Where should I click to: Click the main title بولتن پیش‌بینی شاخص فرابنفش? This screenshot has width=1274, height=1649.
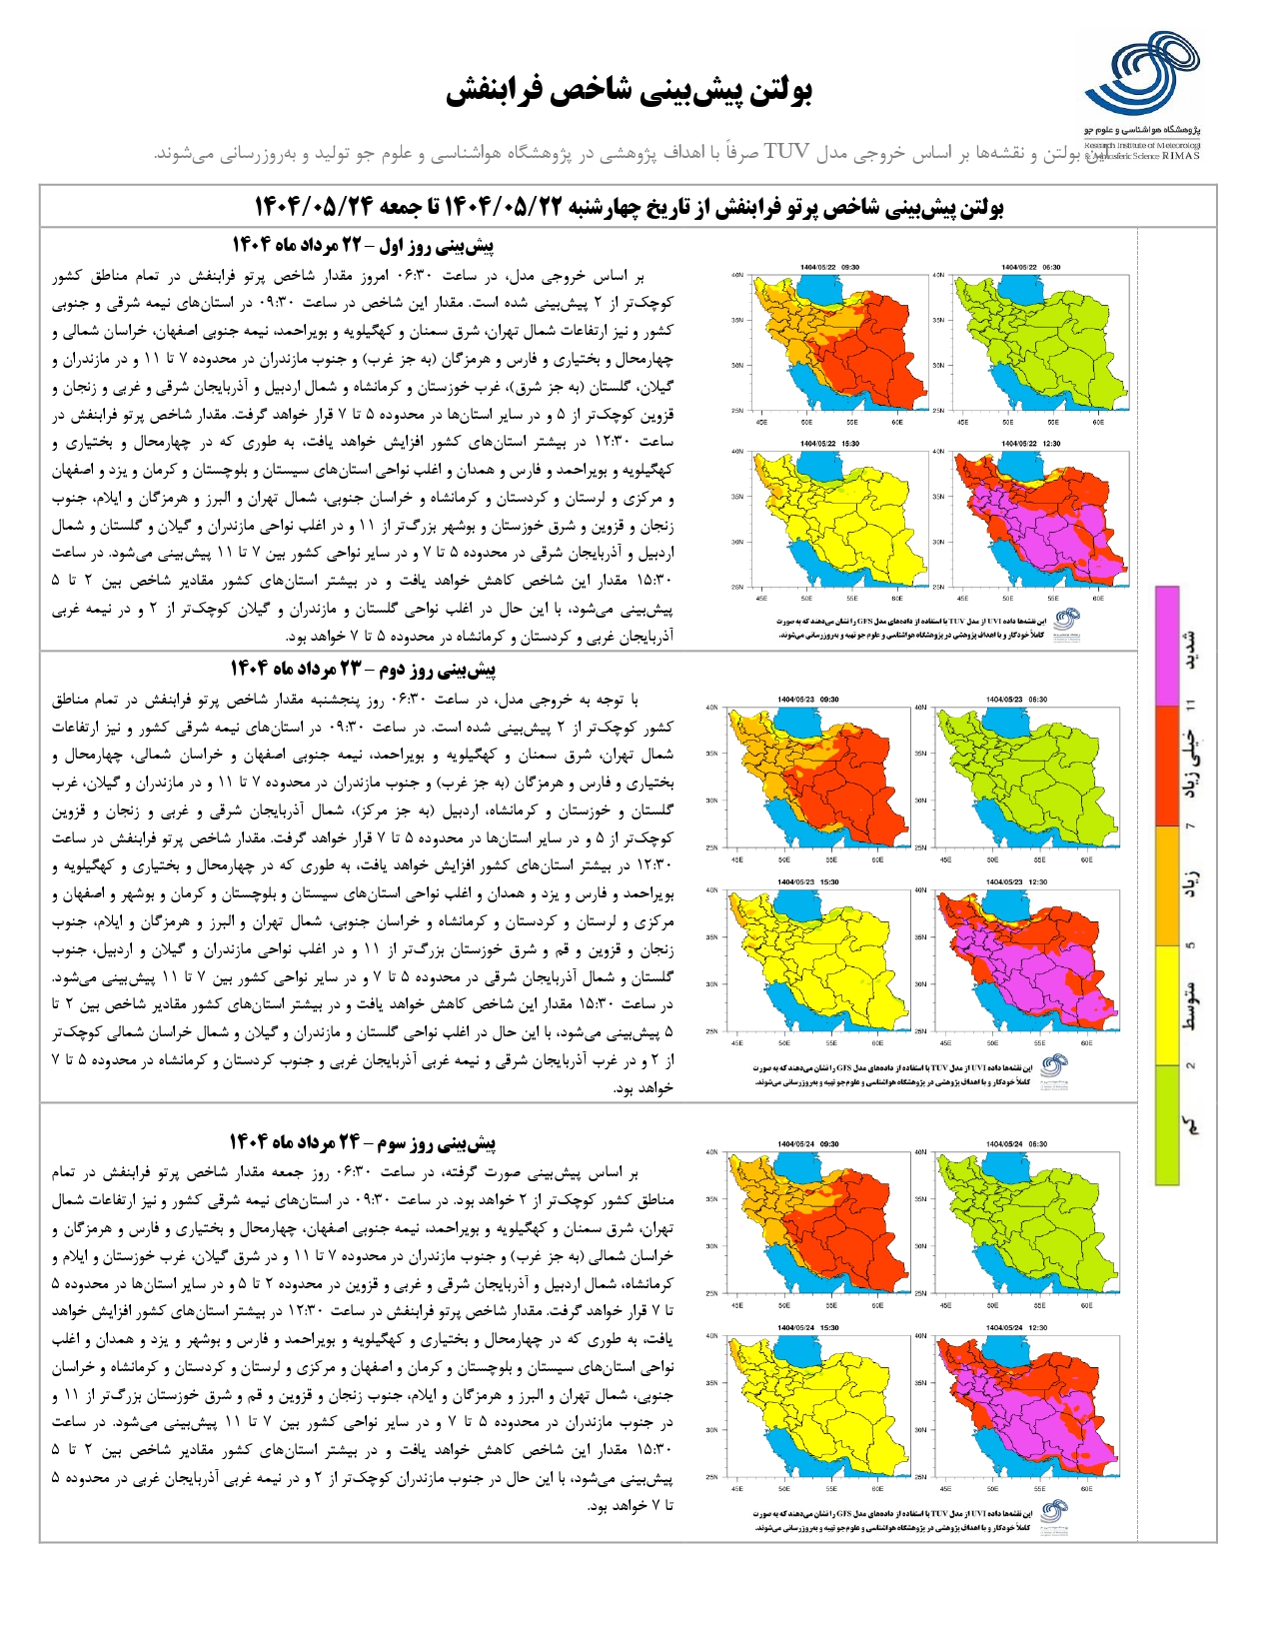[629, 91]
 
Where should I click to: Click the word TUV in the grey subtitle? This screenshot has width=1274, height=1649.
[787, 152]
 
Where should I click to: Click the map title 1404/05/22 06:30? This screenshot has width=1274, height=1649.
[1030, 267]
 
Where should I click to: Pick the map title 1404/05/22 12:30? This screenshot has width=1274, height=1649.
[1030, 444]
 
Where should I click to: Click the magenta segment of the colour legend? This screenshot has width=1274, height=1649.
[1166, 646]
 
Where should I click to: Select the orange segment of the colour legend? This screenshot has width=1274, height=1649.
[1166, 885]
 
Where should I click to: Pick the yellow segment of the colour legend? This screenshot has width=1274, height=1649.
[1166, 1004]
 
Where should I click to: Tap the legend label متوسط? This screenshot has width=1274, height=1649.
[1191, 1004]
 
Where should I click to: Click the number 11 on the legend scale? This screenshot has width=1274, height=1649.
[1190, 706]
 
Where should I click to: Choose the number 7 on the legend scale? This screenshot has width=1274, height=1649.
[1190, 825]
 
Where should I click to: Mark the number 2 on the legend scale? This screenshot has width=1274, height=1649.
[1190, 1065]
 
